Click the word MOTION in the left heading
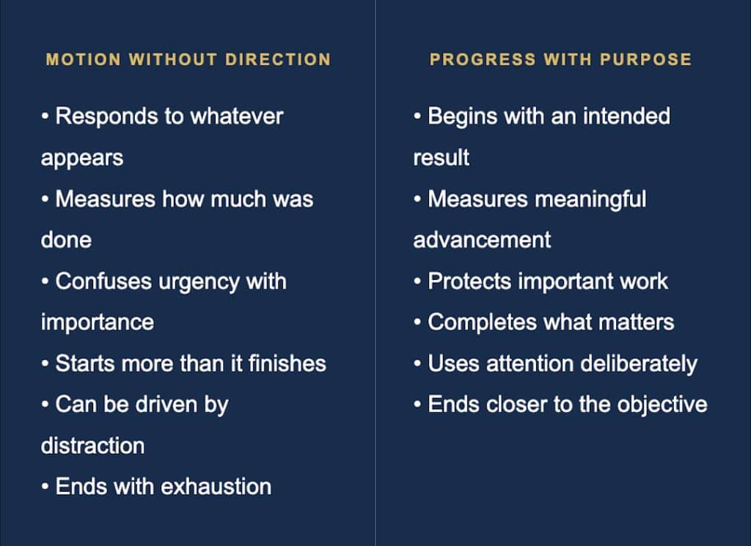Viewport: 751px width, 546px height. coord(84,59)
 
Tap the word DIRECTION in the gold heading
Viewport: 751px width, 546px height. coord(278,59)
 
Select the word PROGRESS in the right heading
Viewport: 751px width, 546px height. coord(483,59)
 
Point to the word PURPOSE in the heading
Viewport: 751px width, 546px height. coord(645,59)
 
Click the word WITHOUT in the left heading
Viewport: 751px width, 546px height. coord(173,59)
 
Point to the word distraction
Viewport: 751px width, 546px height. coord(93,446)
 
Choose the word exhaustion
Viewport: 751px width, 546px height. coord(216,487)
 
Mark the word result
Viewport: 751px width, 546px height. coord(441,158)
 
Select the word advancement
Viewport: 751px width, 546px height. coord(482,240)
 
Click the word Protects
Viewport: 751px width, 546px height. coord(469,281)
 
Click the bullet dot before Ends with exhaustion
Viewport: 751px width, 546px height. coord(45,487)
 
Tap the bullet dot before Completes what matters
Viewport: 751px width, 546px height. coord(417,322)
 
